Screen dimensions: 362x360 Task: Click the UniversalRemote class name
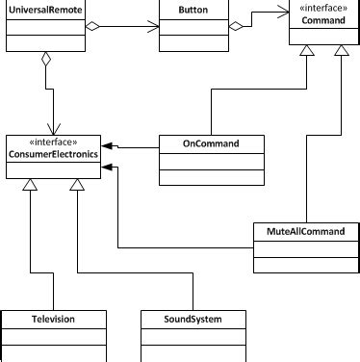[45, 8]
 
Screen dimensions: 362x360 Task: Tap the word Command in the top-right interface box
[322, 20]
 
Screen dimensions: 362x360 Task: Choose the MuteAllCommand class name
[299, 231]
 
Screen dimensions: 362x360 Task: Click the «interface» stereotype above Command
[322, 8]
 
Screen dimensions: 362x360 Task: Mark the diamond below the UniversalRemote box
[44, 62]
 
